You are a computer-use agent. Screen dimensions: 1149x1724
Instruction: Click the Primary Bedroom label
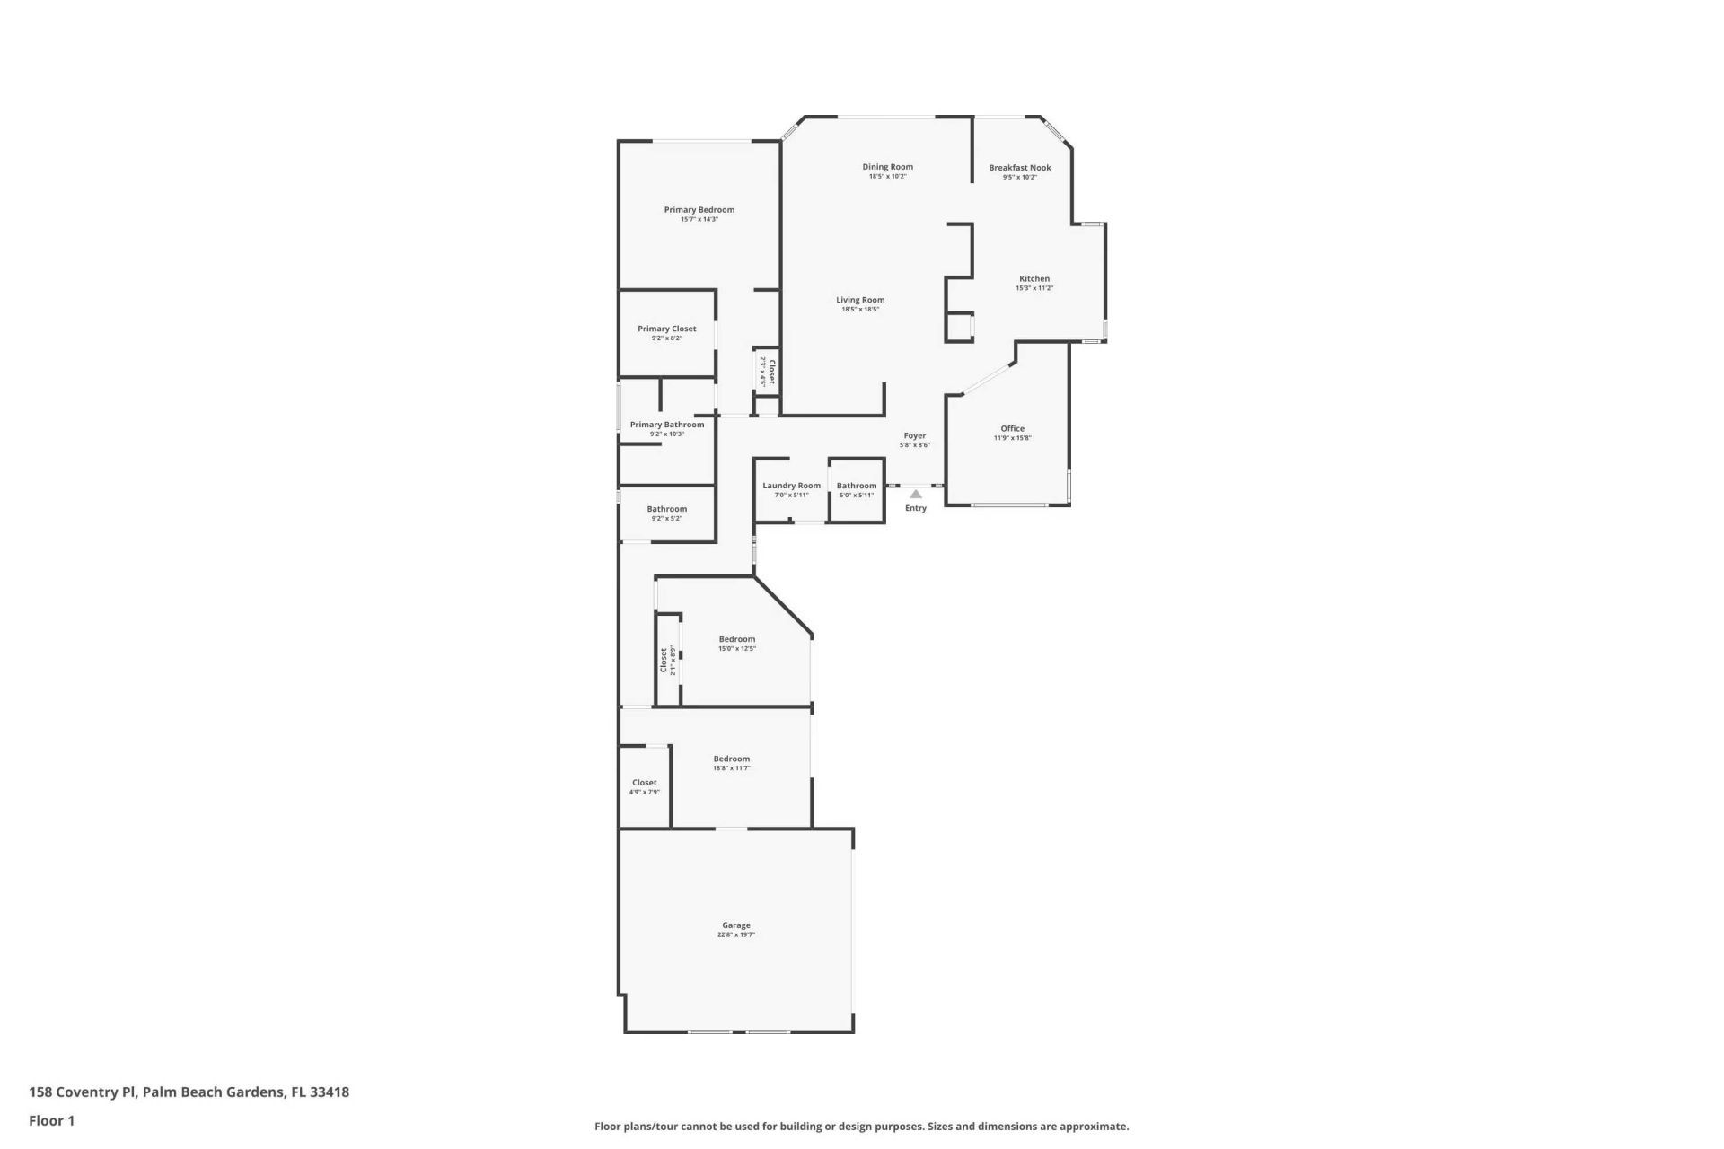pyautogui.click(x=699, y=209)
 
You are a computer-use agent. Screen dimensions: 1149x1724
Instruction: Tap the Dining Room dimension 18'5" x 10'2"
pyautogui.click(x=887, y=177)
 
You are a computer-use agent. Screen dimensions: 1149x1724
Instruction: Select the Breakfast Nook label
pyautogui.click(x=1019, y=167)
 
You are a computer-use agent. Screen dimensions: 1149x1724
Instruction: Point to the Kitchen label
pyautogui.click(x=1034, y=278)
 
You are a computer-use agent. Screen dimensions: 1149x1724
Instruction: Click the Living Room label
pyautogui.click(x=859, y=300)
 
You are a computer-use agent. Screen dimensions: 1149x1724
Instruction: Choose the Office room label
pyautogui.click(x=1012, y=428)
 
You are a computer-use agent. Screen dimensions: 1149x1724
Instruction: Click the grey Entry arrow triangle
pyautogui.click(x=915, y=494)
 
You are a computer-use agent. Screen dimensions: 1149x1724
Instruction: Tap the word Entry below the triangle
pyautogui.click(x=915, y=508)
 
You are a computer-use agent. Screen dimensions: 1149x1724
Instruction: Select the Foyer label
pyautogui.click(x=914, y=435)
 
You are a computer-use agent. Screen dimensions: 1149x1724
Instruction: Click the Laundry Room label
pyautogui.click(x=791, y=486)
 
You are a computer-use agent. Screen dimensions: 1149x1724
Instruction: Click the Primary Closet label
pyautogui.click(x=666, y=329)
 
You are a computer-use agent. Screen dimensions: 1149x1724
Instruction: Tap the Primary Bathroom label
pyautogui.click(x=666, y=425)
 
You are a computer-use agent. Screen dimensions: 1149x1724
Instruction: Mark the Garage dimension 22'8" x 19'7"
pyautogui.click(x=735, y=934)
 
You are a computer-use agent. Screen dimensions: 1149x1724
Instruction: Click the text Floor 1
pyautogui.click(x=51, y=1120)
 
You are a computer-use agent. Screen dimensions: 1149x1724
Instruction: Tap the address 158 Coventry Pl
pyautogui.click(x=83, y=1092)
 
